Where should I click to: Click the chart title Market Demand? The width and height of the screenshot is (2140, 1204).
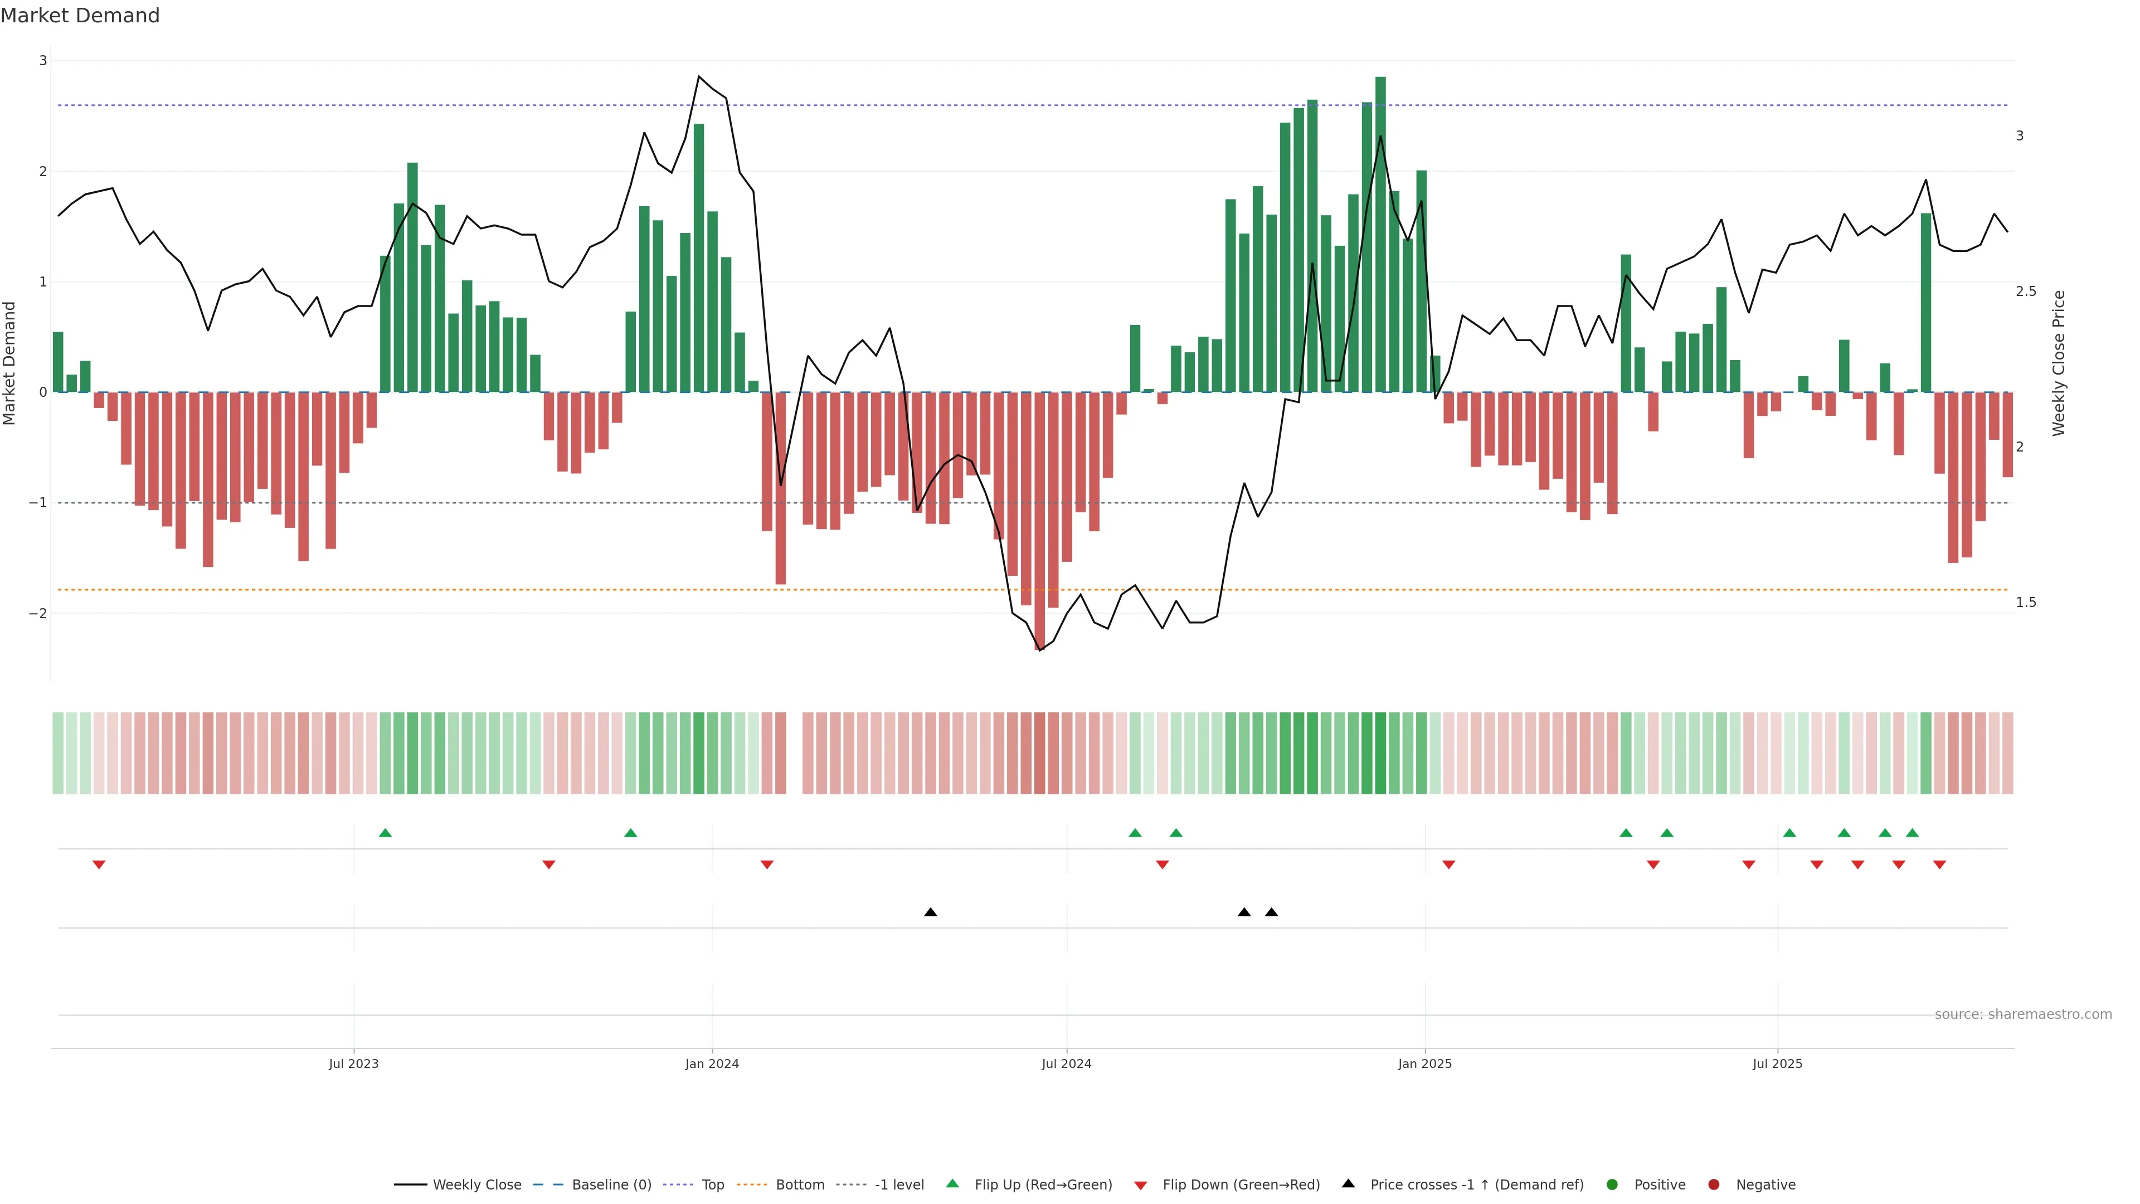pyautogui.click(x=80, y=16)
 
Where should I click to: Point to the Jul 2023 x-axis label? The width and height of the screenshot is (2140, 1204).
pyautogui.click(x=353, y=1064)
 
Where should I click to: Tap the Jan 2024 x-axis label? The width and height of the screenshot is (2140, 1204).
pyautogui.click(x=712, y=1064)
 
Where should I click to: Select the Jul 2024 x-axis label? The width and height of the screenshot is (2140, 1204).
pyautogui.click(x=1066, y=1064)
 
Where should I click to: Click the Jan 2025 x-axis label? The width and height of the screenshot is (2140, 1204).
pyautogui.click(x=1425, y=1064)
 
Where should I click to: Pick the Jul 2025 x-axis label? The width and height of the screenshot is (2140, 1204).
pyautogui.click(x=1777, y=1064)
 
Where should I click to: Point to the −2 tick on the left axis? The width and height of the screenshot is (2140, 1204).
pyautogui.click(x=37, y=613)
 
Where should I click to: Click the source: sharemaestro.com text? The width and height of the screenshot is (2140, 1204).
pyautogui.click(x=2023, y=1014)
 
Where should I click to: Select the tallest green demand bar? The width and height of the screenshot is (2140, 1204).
pyautogui.click(x=1380, y=232)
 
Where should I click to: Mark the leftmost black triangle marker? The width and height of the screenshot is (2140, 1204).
pyautogui.click(x=931, y=912)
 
